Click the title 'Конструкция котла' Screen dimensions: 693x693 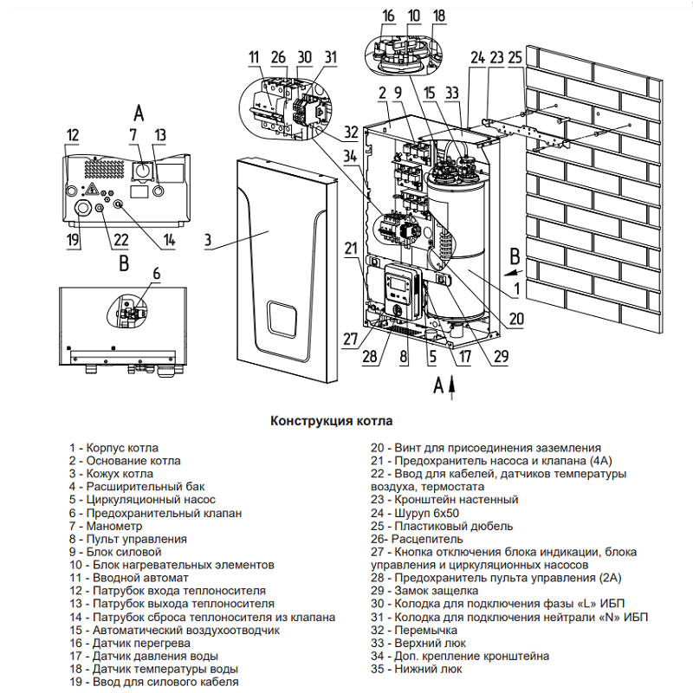(332, 421)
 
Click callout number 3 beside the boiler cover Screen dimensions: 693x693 (208, 243)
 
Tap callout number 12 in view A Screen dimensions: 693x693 (72, 135)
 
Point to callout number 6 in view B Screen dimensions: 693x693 (157, 273)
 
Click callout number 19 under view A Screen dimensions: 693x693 (73, 240)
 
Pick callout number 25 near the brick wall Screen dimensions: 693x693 (515, 58)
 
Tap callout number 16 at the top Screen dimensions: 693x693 (388, 16)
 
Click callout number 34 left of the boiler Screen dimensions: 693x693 (348, 157)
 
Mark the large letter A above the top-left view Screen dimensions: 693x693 (139, 113)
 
